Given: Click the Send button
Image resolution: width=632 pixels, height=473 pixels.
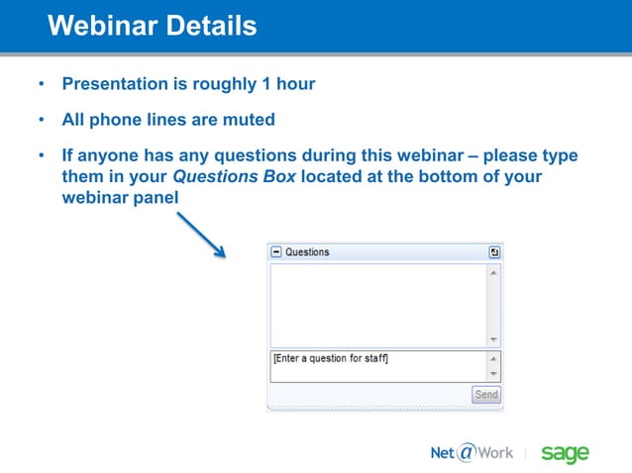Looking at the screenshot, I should click(486, 395).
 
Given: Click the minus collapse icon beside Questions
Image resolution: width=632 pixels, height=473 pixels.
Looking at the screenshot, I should click(276, 252).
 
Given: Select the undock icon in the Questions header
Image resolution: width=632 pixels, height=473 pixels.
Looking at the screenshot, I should click(494, 252).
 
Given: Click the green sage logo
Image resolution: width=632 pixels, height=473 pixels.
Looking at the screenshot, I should click(565, 453).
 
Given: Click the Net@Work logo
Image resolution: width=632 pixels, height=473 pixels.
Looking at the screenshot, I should click(472, 453).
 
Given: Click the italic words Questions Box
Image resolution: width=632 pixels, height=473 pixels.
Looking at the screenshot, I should click(234, 177).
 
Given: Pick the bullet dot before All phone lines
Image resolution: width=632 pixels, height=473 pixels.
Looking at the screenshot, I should click(42, 121).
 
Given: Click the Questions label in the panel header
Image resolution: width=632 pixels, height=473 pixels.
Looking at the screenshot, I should click(307, 252).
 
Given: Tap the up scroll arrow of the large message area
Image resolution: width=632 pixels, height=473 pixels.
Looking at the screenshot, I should click(493, 272).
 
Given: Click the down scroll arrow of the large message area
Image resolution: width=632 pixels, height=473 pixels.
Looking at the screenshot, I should click(493, 339).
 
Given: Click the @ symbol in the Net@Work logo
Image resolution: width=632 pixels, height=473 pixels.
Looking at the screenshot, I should click(467, 453).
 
